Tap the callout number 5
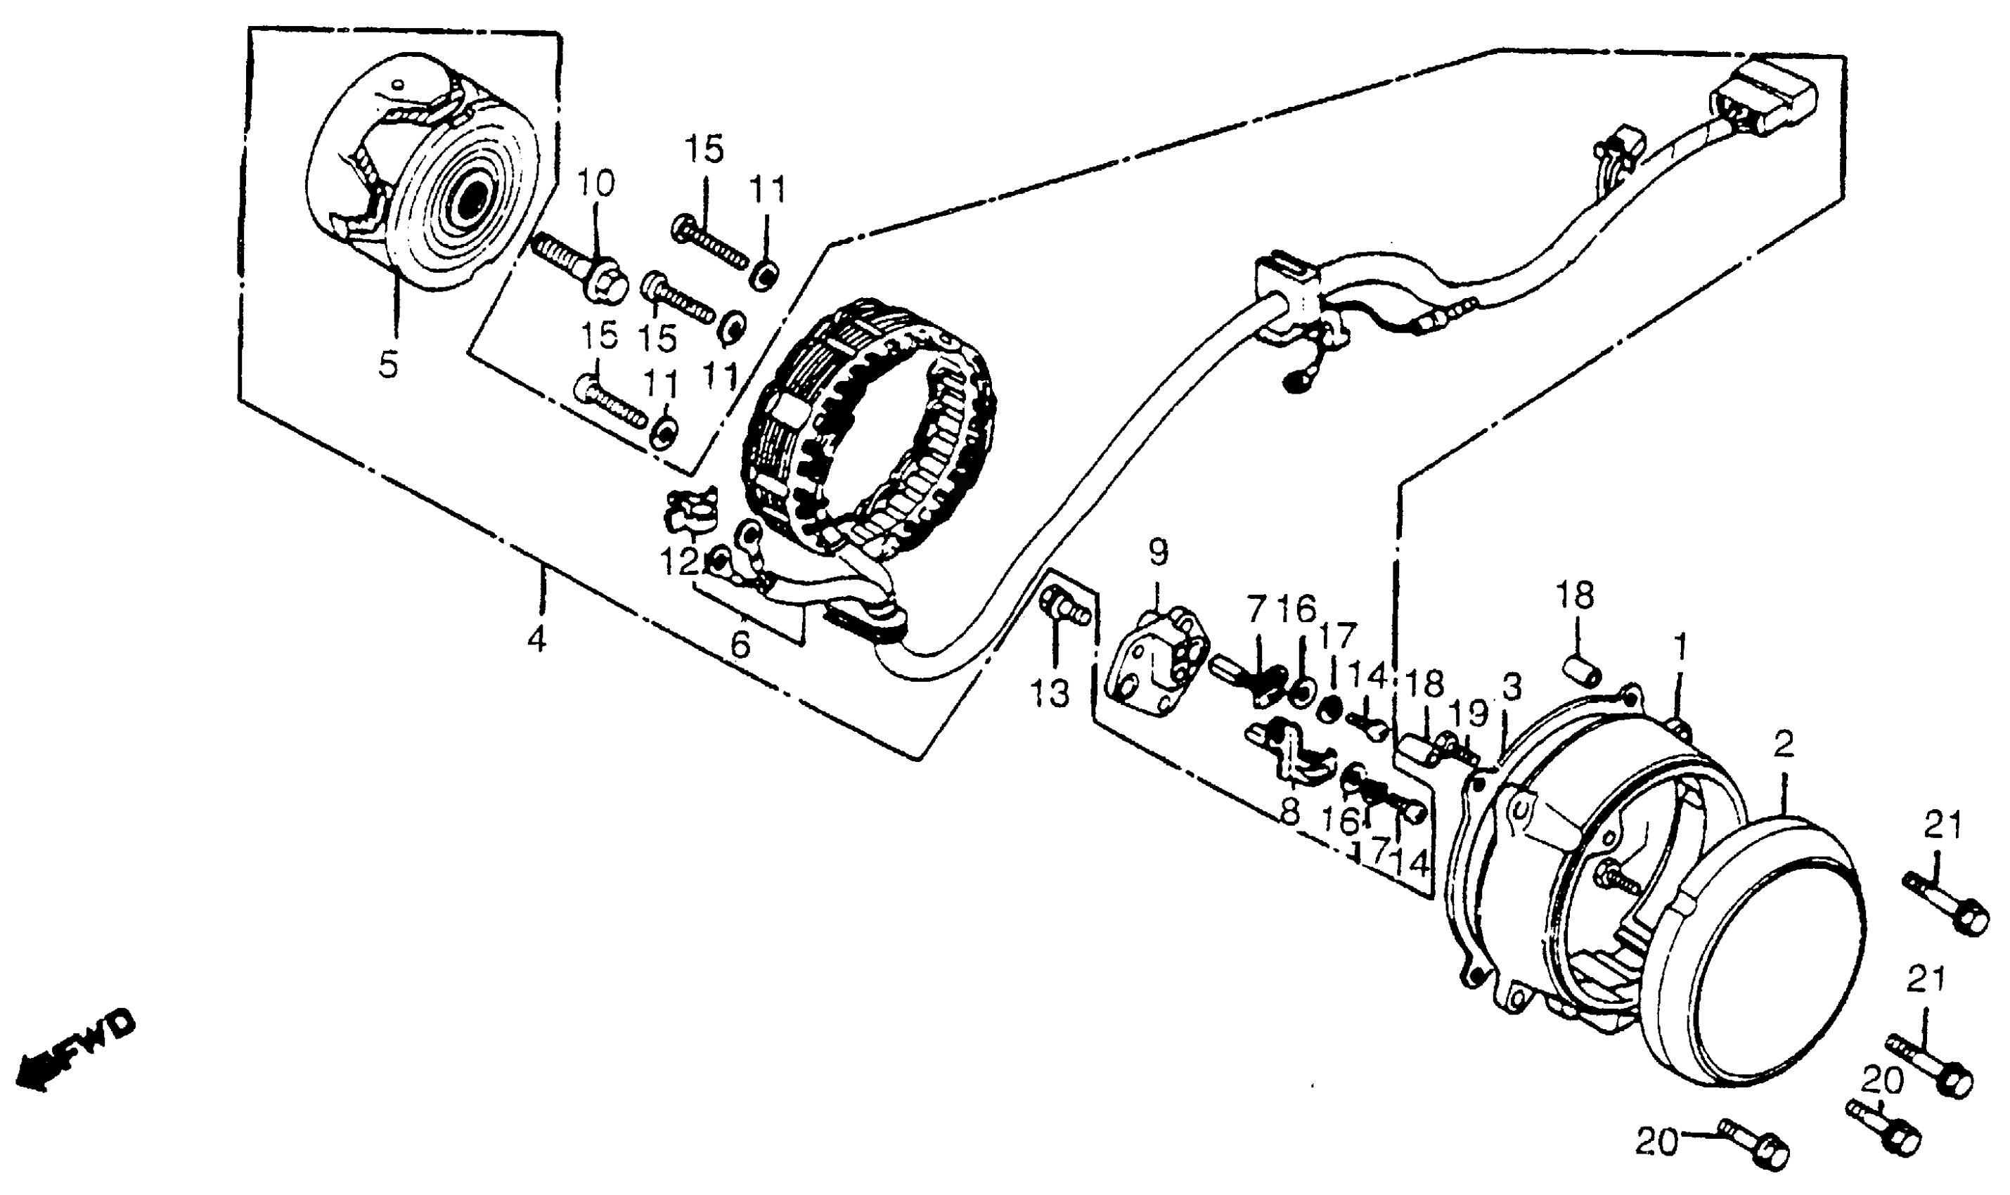(388, 366)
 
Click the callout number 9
(1157, 553)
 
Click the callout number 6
(740, 644)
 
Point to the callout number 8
(1289, 813)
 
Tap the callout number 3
(1512, 686)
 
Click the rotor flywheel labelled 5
(427, 161)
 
